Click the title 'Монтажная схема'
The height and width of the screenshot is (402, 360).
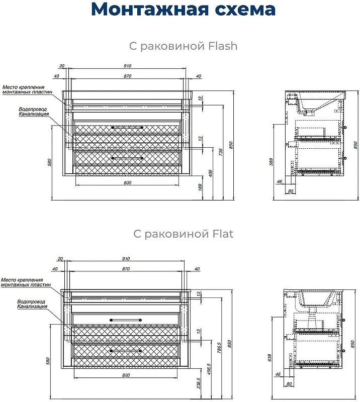[183, 9]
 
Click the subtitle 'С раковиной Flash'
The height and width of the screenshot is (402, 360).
[183, 46]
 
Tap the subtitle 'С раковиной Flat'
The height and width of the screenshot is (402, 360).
[183, 234]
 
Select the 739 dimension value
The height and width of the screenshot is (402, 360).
[221, 152]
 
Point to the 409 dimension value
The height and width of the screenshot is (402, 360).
[211, 173]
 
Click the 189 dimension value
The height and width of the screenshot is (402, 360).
[201, 187]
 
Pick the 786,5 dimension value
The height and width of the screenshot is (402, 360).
[219, 347]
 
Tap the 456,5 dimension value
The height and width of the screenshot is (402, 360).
[209, 369]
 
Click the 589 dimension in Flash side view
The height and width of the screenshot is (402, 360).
[271, 162]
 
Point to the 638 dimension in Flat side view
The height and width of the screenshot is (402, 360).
[269, 358]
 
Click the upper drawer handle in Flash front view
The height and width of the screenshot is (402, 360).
[127, 127]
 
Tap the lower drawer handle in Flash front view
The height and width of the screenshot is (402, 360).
[127, 158]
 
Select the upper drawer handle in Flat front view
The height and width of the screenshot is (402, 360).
[126, 320]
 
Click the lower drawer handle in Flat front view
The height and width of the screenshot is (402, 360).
[126, 351]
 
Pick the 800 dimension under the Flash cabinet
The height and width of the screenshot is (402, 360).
[128, 182]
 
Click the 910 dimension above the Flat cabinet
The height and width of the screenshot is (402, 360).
[126, 259]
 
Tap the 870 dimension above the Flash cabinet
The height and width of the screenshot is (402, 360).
[128, 76]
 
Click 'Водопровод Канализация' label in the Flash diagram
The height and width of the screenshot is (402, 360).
[33, 112]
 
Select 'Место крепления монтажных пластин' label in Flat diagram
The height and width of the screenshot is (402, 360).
[26, 282]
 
